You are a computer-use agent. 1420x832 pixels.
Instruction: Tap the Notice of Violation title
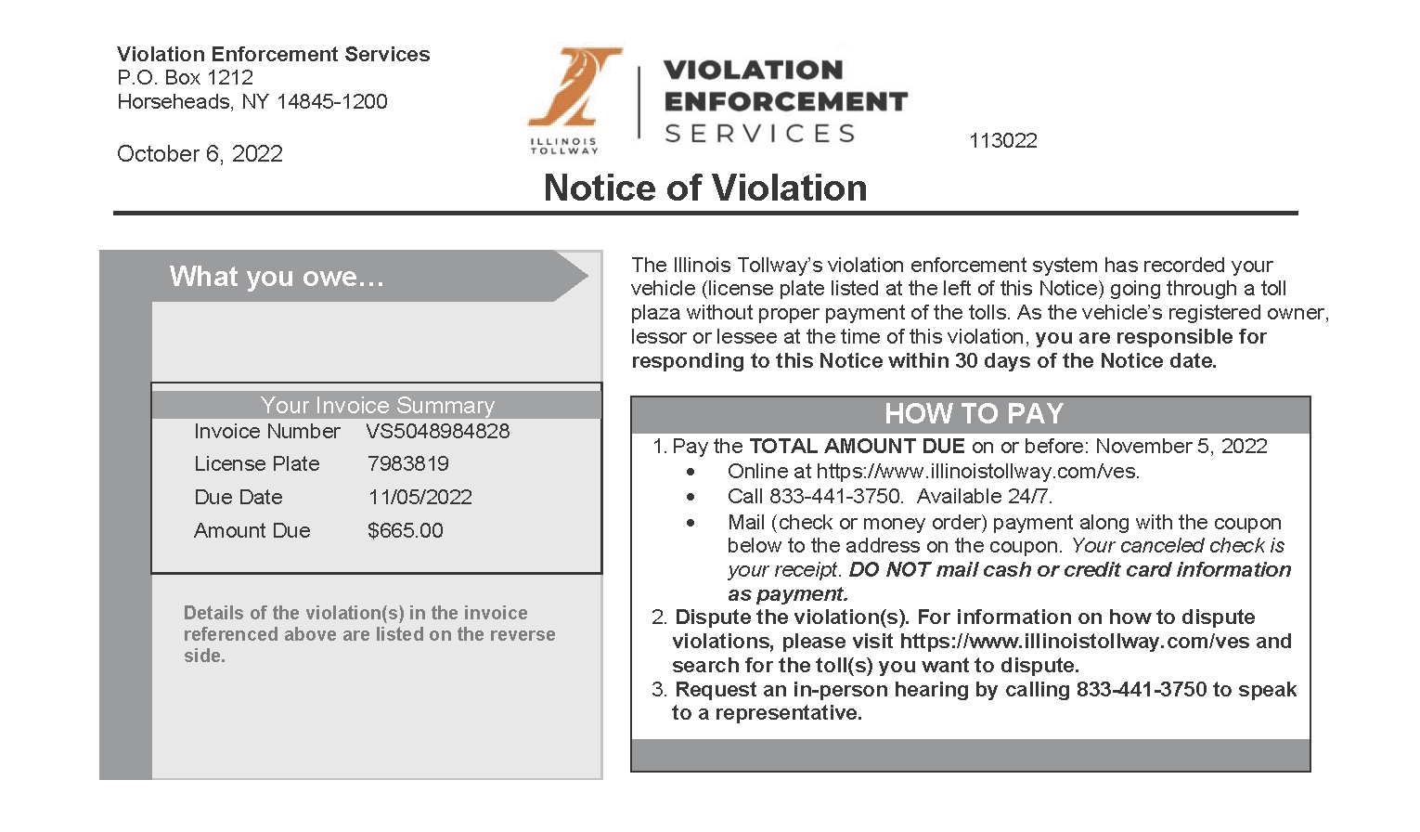pyautogui.click(x=705, y=188)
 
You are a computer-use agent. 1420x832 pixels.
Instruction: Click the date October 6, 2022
pyautogui.click(x=200, y=154)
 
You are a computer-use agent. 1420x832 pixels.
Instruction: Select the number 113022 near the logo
pyautogui.click(x=1003, y=141)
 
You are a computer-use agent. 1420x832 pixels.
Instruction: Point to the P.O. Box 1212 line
pyautogui.click(x=185, y=78)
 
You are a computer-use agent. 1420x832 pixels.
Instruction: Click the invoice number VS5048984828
pyautogui.click(x=437, y=432)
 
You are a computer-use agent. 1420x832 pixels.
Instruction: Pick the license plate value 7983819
pyautogui.click(x=408, y=464)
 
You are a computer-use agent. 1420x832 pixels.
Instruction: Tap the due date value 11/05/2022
pyautogui.click(x=420, y=498)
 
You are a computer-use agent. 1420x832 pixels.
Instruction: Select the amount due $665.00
pyautogui.click(x=405, y=531)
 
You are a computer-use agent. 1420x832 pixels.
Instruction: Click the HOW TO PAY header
pyautogui.click(x=973, y=414)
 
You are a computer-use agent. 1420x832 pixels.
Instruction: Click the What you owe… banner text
pyautogui.click(x=277, y=277)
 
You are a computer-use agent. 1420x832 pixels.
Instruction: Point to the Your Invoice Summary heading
pyautogui.click(x=377, y=406)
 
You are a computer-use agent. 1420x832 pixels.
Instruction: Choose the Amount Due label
pyautogui.click(x=252, y=531)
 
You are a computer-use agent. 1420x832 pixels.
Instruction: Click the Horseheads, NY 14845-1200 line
pyautogui.click(x=252, y=102)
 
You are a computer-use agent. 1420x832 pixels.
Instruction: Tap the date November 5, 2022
pyautogui.click(x=1181, y=447)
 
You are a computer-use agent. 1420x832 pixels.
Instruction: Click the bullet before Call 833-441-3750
pyautogui.click(x=691, y=498)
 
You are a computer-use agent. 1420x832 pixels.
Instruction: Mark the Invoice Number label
pyautogui.click(x=266, y=432)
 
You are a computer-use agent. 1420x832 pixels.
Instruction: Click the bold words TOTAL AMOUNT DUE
pyautogui.click(x=857, y=447)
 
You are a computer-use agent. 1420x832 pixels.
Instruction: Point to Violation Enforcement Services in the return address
pyautogui.click(x=273, y=55)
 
